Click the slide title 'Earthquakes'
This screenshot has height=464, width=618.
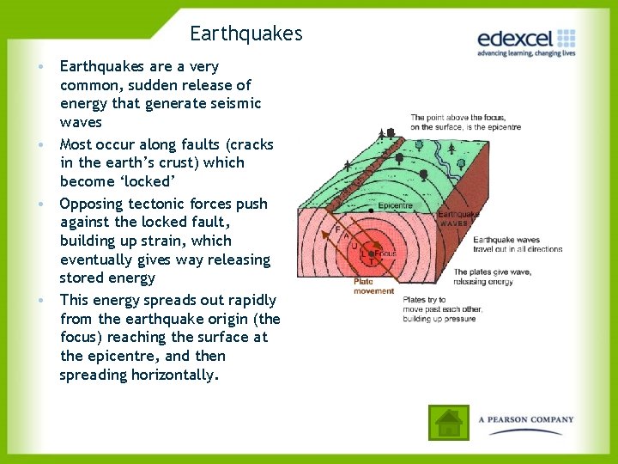(246, 34)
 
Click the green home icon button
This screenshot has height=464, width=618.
(448, 422)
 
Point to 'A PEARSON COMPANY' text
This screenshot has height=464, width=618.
(525, 420)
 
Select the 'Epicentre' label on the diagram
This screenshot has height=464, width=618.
(395, 206)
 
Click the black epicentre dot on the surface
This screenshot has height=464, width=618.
(370, 210)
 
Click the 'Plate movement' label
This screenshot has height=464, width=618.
(375, 286)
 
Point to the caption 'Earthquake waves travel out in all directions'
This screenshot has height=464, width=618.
(518, 244)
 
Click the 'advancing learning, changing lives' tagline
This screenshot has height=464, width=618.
(525, 53)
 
